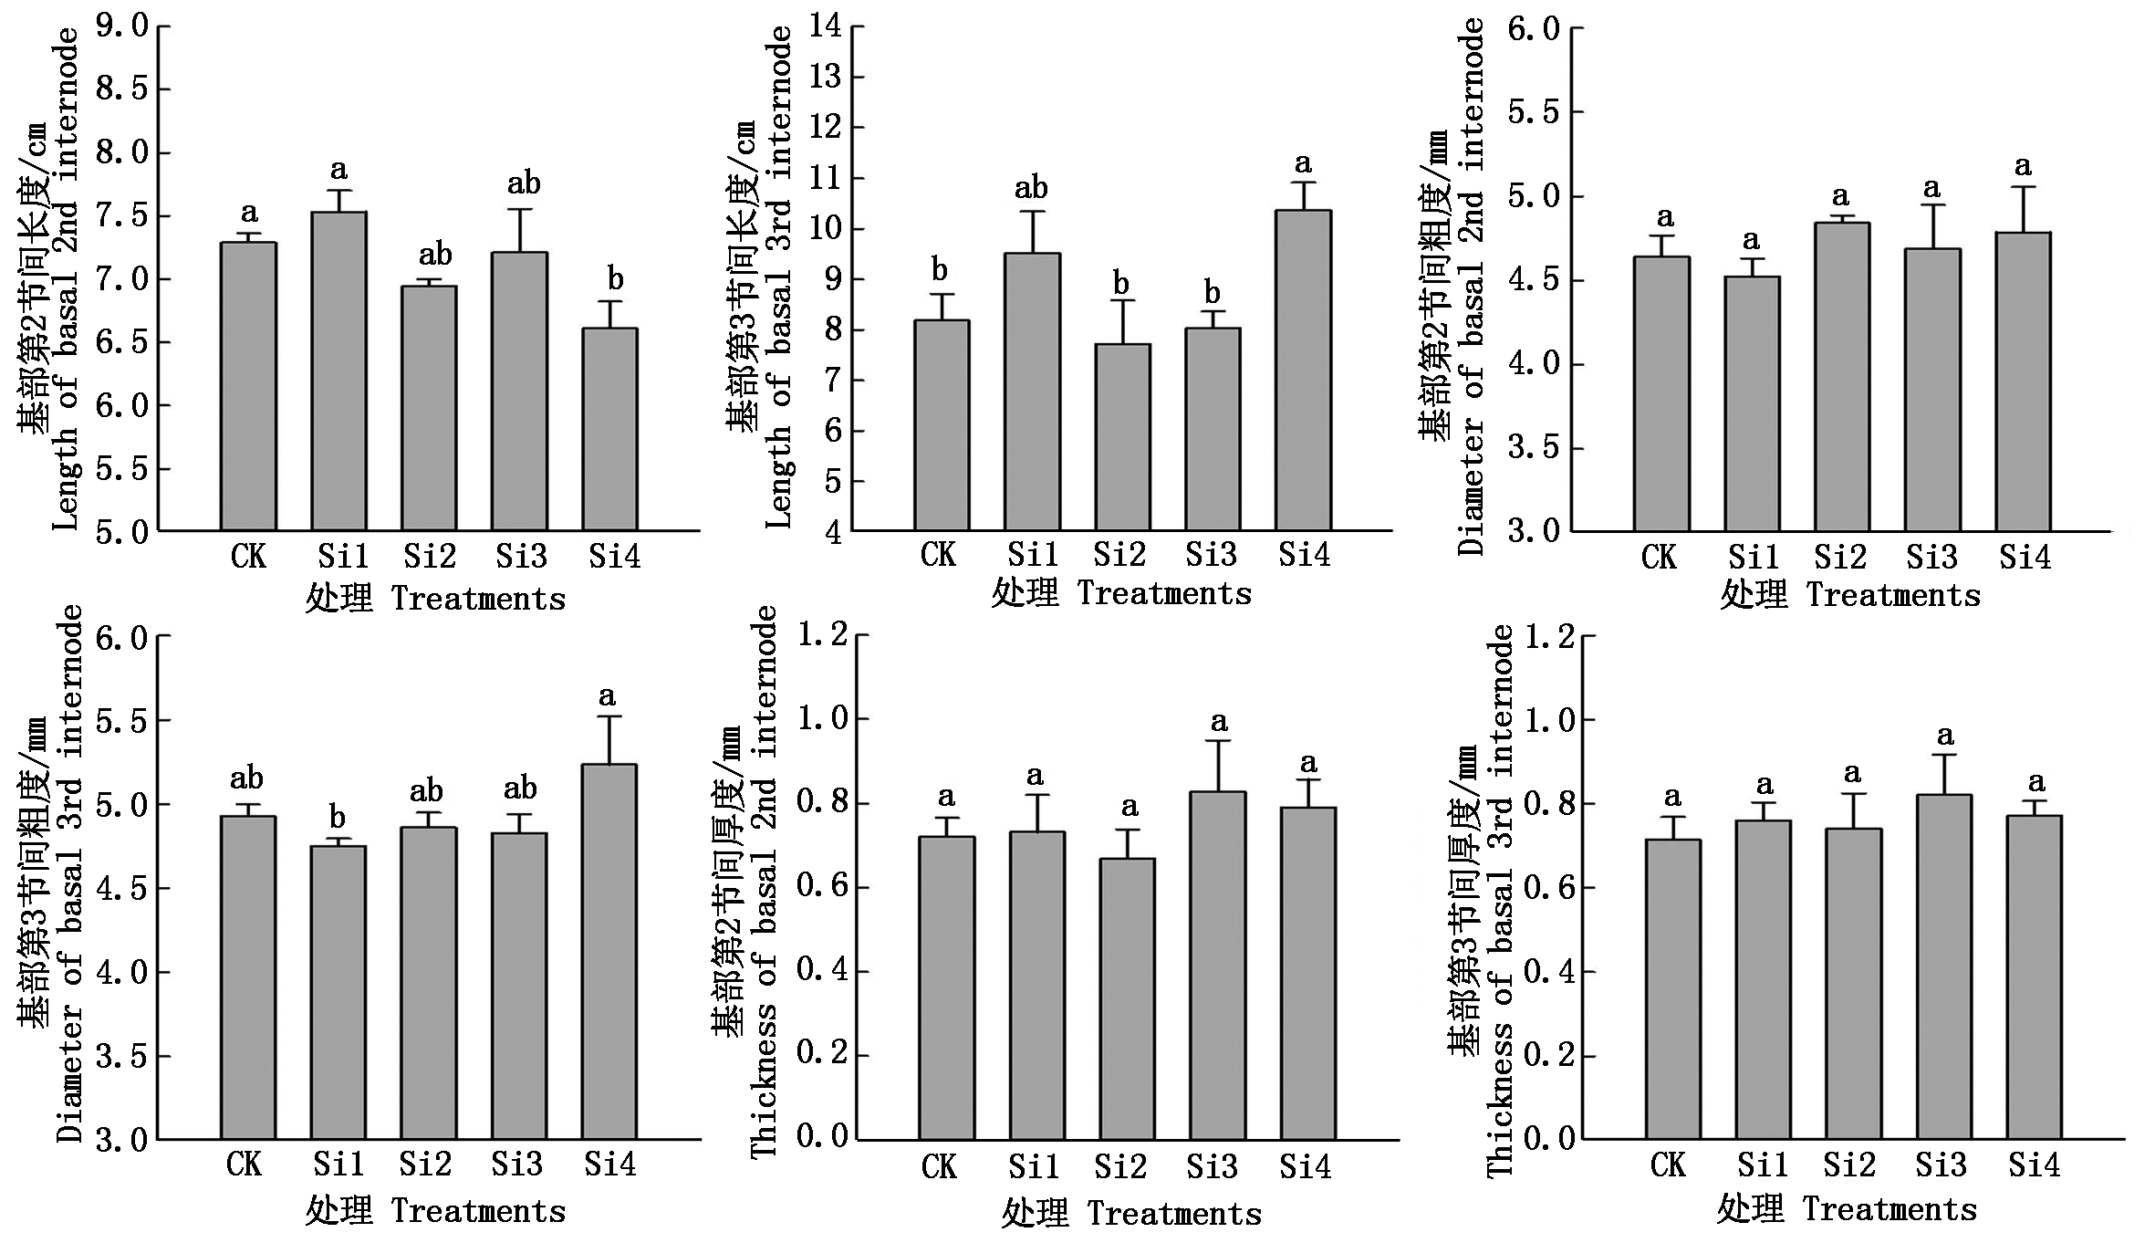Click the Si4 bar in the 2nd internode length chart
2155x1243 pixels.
(x=610, y=429)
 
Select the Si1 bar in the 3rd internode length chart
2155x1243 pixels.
(x=1032, y=392)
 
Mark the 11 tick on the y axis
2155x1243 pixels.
(x=827, y=178)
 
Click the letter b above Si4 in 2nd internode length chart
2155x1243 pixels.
(x=616, y=279)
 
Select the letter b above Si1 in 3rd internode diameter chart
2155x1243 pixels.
(x=338, y=818)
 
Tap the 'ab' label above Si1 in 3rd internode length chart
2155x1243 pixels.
(x=1031, y=189)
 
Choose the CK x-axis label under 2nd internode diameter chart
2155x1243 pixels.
(x=1658, y=557)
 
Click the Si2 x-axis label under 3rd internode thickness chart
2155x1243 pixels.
(x=1849, y=1165)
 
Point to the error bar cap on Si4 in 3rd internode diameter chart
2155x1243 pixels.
(x=609, y=716)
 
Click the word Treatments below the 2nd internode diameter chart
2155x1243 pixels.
(x=1893, y=596)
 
